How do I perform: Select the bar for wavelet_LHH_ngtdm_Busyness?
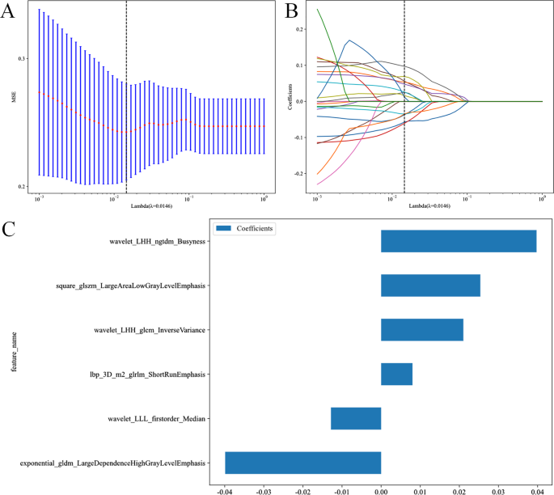(459, 241)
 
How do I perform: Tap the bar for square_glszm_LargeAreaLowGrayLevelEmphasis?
(430, 286)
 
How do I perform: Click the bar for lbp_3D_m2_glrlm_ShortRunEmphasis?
(396, 374)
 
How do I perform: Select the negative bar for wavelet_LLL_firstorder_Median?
(356, 418)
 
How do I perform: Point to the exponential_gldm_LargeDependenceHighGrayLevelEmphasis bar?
(303, 463)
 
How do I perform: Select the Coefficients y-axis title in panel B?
(290, 97)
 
